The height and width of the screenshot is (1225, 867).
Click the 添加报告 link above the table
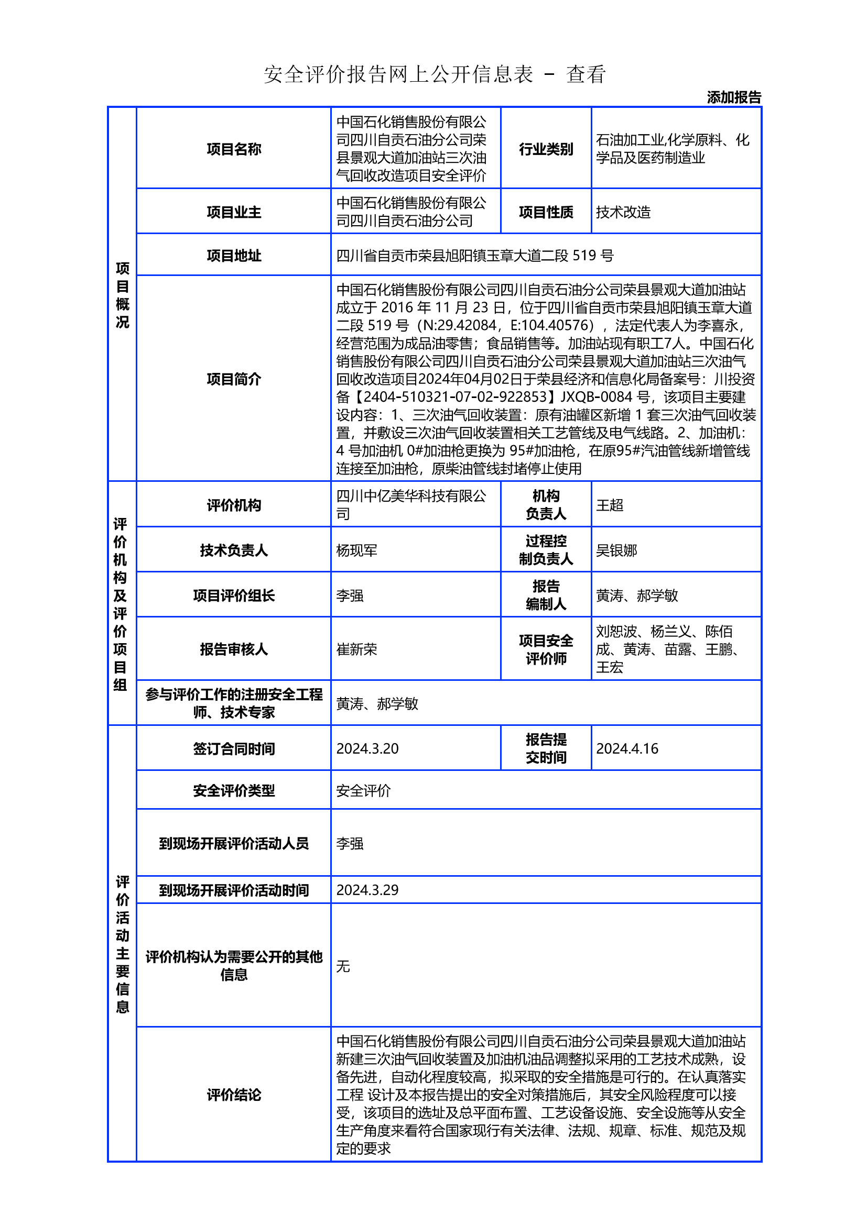tap(733, 97)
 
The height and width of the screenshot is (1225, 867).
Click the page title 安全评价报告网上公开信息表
tap(398, 74)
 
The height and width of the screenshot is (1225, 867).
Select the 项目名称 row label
tap(234, 149)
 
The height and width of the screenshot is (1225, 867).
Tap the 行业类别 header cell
tap(546, 149)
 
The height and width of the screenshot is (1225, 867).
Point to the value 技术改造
tap(623, 212)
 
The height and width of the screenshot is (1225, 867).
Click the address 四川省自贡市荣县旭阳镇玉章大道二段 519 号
tap(474, 256)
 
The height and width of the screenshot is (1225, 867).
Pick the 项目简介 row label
tap(234, 379)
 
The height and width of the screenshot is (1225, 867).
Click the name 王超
tap(609, 505)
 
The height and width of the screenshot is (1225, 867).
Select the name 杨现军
tap(356, 550)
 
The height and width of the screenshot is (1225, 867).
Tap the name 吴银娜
tap(616, 550)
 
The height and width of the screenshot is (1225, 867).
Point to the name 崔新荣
tap(356, 649)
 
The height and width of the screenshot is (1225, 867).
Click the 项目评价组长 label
tap(234, 595)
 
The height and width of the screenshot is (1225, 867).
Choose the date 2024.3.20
tap(367, 748)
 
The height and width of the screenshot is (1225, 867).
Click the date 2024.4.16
tap(627, 748)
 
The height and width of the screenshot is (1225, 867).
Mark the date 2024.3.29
tap(367, 890)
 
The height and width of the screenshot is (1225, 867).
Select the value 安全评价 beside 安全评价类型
tap(364, 791)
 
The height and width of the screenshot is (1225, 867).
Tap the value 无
tap(343, 966)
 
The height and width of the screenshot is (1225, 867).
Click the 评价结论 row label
tap(234, 1095)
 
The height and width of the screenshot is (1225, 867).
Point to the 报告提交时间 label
tap(546, 748)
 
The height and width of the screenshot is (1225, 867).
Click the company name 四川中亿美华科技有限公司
tap(410, 505)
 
